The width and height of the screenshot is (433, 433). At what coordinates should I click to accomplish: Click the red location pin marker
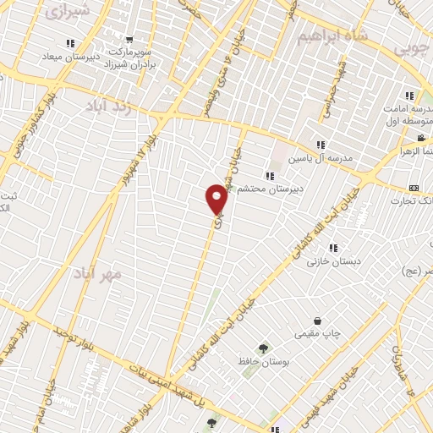pyautogui.click(x=217, y=199)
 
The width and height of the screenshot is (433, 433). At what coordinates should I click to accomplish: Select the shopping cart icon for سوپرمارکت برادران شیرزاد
pyautogui.click(x=129, y=38)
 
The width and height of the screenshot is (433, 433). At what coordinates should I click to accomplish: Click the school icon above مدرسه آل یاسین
pyautogui.click(x=321, y=145)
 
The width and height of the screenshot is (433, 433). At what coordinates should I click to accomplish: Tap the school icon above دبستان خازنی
pyautogui.click(x=333, y=248)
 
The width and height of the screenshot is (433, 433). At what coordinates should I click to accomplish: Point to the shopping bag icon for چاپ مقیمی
pyautogui.click(x=317, y=321)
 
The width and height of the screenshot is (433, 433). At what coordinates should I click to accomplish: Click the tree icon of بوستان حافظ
pyautogui.click(x=262, y=347)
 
